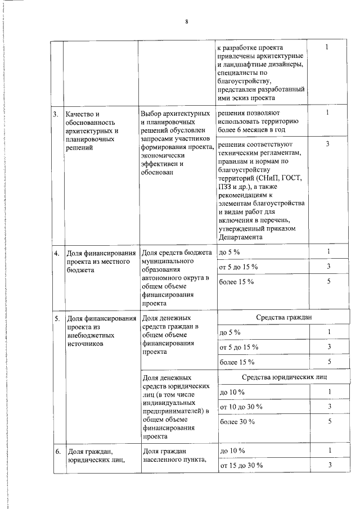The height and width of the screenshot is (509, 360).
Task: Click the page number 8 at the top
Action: (x=186, y=22)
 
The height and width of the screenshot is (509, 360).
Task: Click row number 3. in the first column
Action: (x=56, y=115)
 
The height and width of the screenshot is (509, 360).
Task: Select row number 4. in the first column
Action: (x=56, y=253)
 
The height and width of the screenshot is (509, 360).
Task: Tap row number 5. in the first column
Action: (x=56, y=319)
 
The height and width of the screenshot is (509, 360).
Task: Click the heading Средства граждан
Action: (x=283, y=318)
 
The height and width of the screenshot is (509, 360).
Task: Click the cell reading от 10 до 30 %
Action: (x=241, y=406)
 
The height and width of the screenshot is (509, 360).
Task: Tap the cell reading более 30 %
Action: (x=237, y=421)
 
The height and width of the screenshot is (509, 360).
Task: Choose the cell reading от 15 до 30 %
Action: (x=241, y=465)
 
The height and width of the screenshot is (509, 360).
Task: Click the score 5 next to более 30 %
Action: (x=330, y=421)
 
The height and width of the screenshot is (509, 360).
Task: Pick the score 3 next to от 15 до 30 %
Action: (x=330, y=465)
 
